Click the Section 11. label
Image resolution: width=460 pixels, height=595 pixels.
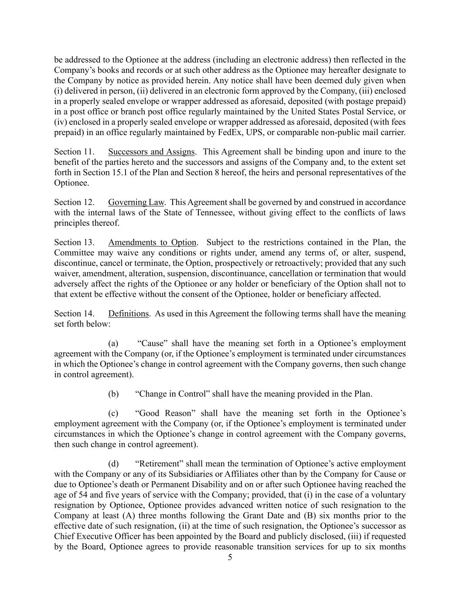(74, 152)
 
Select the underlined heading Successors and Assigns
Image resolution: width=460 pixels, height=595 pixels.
(151, 152)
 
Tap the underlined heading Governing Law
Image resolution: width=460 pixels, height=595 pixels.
(136, 202)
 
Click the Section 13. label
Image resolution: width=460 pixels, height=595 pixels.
(74, 242)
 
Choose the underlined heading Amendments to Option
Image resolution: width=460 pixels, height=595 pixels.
(152, 242)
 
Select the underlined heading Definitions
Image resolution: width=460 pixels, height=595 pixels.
(128, 314)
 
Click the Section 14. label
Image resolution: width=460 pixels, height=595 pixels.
(74, 314)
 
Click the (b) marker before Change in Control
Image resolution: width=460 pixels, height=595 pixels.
(113, 394)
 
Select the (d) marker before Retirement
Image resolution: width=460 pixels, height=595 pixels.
(113, 464)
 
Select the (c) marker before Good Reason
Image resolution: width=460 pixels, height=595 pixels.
(113, 413)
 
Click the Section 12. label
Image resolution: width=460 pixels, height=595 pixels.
(74, 202)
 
